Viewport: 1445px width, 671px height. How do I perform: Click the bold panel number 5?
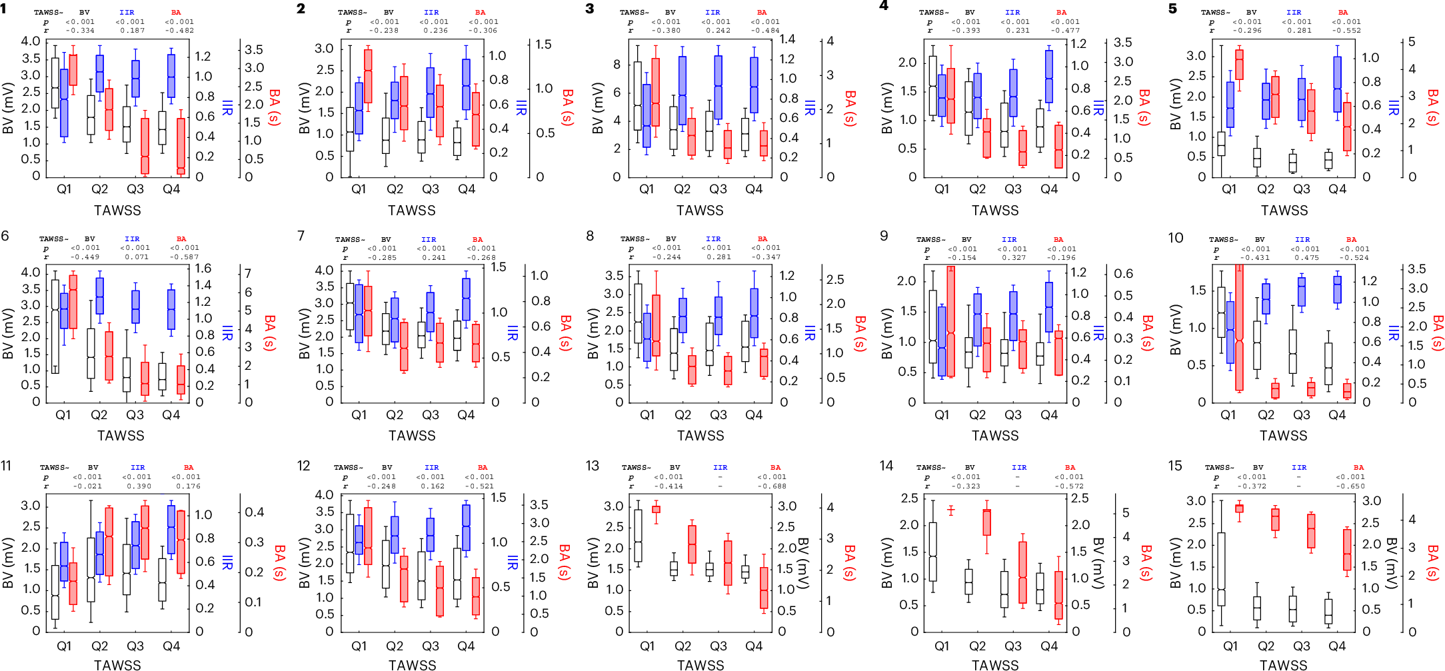(1172, 9)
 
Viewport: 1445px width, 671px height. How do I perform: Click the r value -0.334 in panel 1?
(80, 31)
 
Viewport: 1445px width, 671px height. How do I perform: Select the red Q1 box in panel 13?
(656, 509)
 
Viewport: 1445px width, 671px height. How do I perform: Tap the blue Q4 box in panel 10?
(1337, 289)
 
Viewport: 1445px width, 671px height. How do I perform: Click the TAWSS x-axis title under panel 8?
(701, 436)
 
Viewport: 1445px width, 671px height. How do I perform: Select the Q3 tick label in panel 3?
(718, 189)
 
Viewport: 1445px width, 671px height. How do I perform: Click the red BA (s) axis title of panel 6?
(269, 333)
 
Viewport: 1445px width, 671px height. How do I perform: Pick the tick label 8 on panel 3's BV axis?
(617, 64)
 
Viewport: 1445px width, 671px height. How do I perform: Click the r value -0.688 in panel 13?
(771, 486)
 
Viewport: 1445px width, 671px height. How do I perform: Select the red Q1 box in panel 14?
(951, 510)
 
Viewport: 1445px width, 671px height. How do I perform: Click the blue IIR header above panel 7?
(429, 239)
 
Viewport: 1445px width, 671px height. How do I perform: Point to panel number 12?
(304, 466)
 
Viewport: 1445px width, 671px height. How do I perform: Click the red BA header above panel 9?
(1058, 239)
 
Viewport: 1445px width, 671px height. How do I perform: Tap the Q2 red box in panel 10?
(1275, 390)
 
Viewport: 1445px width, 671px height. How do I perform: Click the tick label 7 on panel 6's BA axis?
(248, 273)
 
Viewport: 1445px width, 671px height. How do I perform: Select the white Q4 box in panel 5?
(1328, 161)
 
